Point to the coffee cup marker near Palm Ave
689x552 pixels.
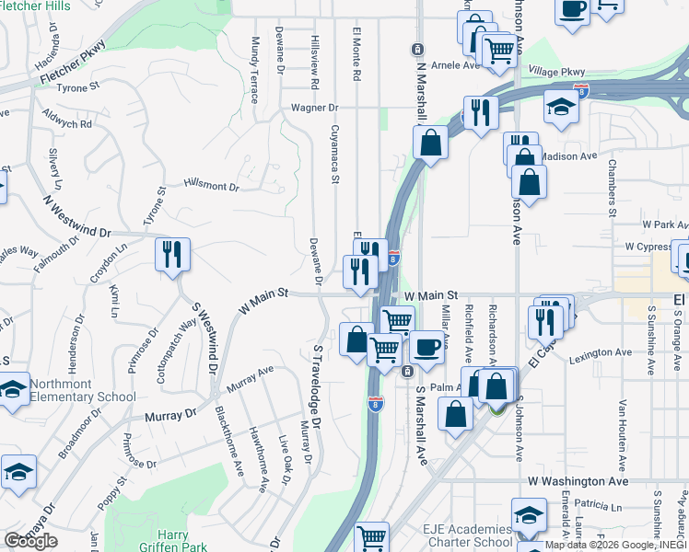(426, 347)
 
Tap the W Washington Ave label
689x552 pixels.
(578, 481)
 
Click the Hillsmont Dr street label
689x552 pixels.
(211, 186)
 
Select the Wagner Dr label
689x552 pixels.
(315, 108)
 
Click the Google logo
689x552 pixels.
(30, 540)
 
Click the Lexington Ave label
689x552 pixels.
(600, 352)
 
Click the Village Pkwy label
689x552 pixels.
(557, 71)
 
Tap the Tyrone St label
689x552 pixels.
(77, 86)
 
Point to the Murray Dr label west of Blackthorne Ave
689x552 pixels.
(171, 415)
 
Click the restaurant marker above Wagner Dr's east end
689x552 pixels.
(480, 112)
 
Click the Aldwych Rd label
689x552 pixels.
(68, 118)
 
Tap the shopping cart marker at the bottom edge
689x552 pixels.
(371, 537)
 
